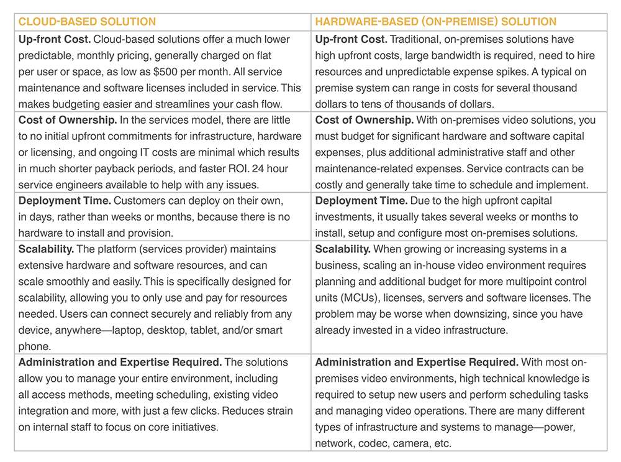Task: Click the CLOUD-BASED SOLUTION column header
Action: point(87,22)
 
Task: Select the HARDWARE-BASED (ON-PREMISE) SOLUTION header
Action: point(435,22)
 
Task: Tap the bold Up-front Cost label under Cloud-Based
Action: point(54,39)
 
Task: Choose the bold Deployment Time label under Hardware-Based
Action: point(361,201)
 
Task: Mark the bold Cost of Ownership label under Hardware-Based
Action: point(365,120)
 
